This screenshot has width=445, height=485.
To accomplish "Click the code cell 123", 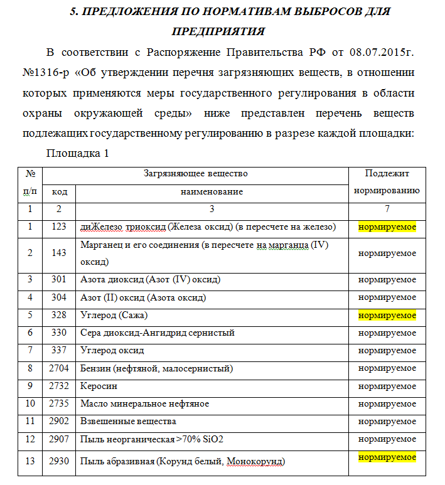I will pos(60,227).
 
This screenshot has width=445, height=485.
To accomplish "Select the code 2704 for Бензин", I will pos(60,368).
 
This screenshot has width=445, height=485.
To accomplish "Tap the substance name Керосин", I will pos(99,386).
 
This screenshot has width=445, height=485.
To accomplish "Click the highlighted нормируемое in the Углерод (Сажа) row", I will pos(387,315).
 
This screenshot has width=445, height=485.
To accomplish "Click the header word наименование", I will pos(212,191).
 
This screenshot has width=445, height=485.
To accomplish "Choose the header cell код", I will pos(60,191).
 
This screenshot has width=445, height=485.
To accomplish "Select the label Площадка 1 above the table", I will pos(78,153).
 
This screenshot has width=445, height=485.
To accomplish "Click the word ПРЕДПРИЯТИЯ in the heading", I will pos(218,31).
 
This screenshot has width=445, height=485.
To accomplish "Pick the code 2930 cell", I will pos(60,462).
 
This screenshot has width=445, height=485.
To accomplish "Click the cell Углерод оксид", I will pos(112,350).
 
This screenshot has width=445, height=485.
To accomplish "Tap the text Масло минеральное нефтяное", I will pos(145,403).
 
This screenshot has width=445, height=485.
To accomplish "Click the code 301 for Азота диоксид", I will pos(60,279).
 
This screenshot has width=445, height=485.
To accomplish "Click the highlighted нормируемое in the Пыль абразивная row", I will pos(387,457).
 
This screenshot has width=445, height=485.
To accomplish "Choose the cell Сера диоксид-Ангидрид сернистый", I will pos(158,333).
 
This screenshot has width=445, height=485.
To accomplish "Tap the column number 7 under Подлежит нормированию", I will pos(387,209).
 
